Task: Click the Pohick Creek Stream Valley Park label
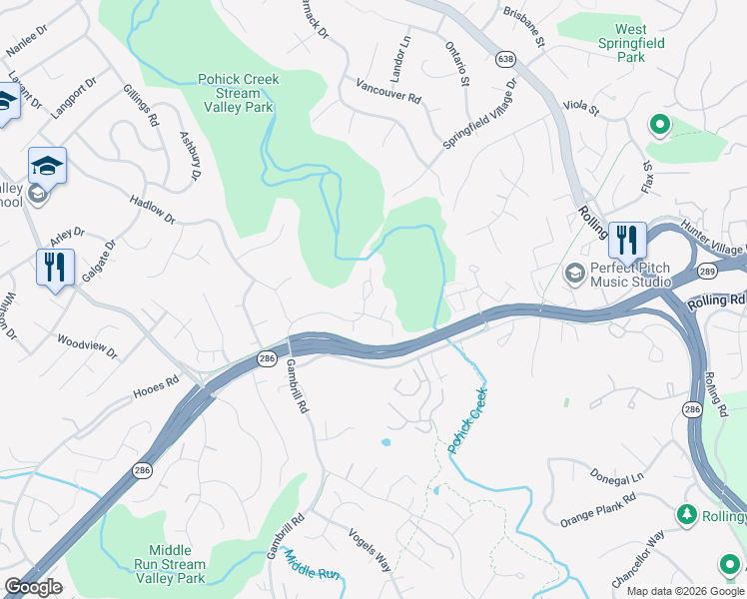click(238, 92)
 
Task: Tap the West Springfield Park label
click(630, 44)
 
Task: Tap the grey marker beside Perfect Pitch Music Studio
click(574, 273)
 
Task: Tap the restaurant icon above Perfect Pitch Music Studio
click(626, 240)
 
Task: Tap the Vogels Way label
click(370, 548)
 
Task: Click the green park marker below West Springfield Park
click(659, 125)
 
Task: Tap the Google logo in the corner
click(33, 587)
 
